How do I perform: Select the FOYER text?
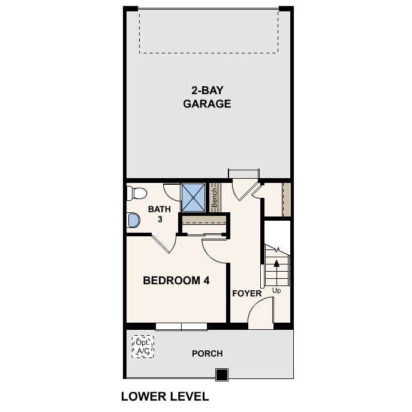[246, 294]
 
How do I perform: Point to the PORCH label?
[207, 353]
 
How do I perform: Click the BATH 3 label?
[160, 214]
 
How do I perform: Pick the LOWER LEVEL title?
[164, 396]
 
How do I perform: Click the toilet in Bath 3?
[136, 193]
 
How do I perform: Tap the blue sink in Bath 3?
[133, 221]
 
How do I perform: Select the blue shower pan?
[194, 196]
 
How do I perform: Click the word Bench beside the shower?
[214, 197]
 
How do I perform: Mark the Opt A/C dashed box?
[143, 347]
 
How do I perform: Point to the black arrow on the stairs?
[276, 263]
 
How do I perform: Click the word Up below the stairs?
[276, 291]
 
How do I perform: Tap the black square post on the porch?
[222, 375]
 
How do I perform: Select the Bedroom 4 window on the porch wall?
[181, 326]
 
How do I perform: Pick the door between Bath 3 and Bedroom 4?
[163, 245]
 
